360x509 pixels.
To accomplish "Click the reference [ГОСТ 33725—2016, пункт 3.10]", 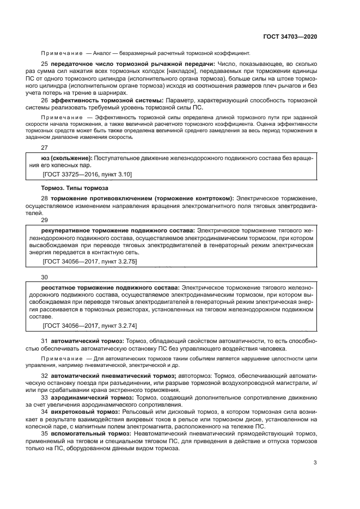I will tap(87, 174).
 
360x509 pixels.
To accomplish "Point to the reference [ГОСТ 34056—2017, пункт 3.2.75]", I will tap(89, 262).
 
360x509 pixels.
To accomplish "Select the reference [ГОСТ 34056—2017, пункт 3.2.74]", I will tap(89, 326).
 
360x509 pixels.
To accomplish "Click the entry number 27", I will tap(45, 147).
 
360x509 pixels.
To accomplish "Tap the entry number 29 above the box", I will tap(45, 220).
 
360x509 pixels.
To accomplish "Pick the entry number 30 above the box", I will tap(45, 277).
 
